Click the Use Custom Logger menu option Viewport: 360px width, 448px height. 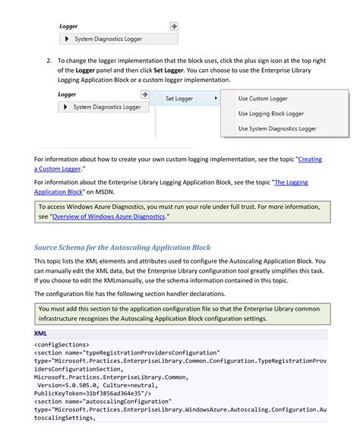[263, 98]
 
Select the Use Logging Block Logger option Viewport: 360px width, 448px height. [270, 113]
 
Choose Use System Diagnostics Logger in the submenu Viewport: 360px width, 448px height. [277, 128]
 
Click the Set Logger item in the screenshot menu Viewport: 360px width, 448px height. [181, 98]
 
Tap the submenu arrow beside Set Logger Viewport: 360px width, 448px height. [216, 98]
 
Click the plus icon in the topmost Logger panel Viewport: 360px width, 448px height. [174, 26]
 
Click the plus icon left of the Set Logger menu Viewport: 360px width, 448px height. [145, 94]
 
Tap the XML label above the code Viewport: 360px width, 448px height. [42, 333]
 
